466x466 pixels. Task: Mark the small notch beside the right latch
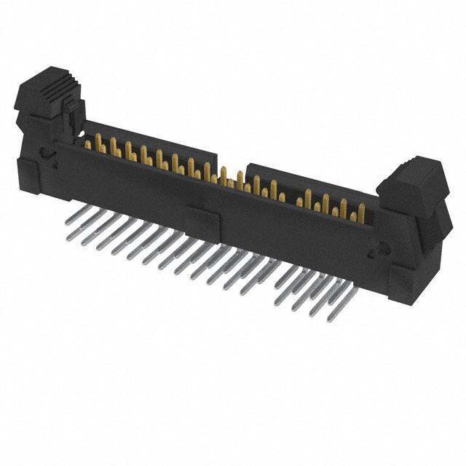(376, 251)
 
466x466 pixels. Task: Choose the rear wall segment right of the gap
(306, 182)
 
